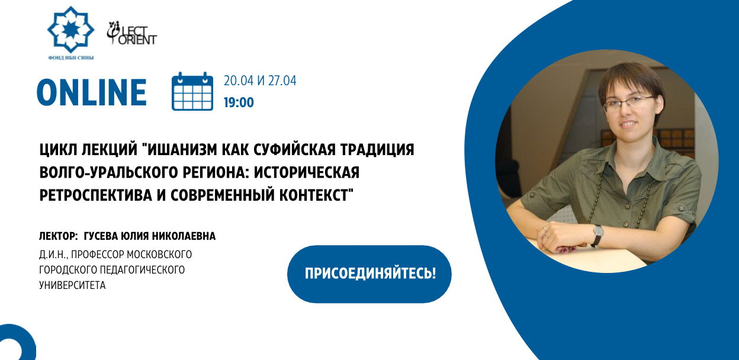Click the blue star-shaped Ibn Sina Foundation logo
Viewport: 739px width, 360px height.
click(x=70, y=30)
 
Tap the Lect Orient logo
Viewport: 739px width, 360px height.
click(x=131, y=33)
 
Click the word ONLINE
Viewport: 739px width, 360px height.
click(x=92, y=92)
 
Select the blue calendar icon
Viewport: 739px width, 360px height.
click(x=192, y=91)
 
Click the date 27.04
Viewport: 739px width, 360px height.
click(x=282, y=81)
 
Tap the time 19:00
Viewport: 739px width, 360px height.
click(x=239, y=102)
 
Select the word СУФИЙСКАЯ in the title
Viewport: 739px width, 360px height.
click(x=295, y=150)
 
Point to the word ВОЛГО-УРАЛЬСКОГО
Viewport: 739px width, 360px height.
click(x=113, y=172)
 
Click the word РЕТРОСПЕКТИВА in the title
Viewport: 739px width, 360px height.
click(x=96, y=195)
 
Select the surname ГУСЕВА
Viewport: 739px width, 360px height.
click(x=101, y=236)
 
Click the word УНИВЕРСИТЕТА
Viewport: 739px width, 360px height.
click(x=72, y=285)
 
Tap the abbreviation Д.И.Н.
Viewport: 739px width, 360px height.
click(x=53, y=255)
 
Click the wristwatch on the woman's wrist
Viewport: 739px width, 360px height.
click(x=597, y=234)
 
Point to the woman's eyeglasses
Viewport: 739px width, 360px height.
click(x=628, y=104)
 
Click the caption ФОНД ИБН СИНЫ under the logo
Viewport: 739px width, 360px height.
click(x=71, y=58)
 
